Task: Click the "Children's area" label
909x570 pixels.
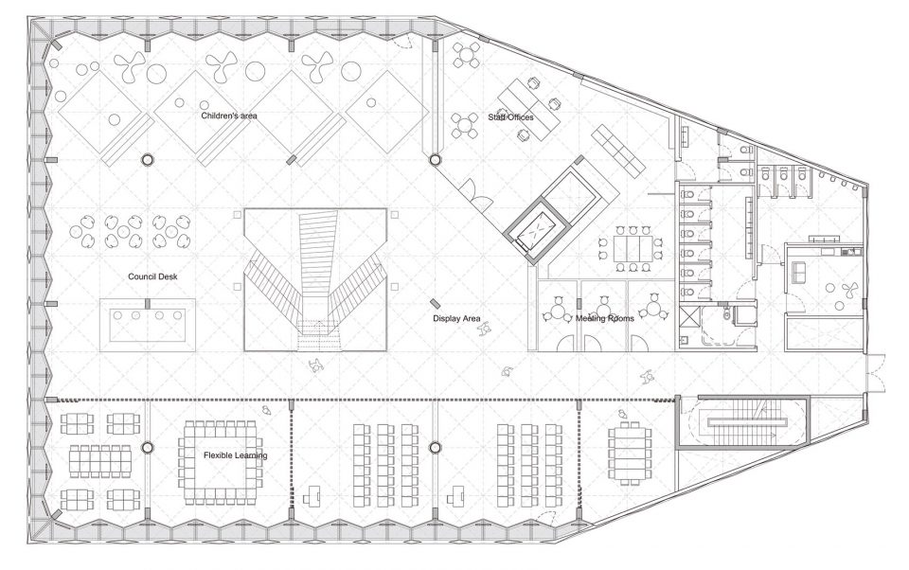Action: click(x=229, y=116)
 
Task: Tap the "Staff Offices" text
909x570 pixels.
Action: click(x=510, y=117)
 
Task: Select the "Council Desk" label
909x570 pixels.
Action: click(x=152, y=276)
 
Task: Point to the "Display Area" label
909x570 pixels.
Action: click(x=456, y=318)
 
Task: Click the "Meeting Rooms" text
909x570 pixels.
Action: click(x=605, y=318)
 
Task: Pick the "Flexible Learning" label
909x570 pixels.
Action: click(x=236, y=455)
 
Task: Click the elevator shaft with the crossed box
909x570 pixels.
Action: click(x=536, y=232)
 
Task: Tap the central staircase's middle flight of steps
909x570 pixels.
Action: click(x=316, y=249)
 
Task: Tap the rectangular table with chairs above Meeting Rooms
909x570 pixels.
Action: click(x=633, y=247)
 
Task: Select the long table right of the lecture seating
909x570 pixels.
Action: click(x=629, y=451)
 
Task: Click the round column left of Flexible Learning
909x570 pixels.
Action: click(x=148, y=447)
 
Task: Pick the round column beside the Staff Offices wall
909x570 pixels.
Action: click(x=434, y=159)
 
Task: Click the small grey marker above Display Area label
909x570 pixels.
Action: click(x=435, y=303)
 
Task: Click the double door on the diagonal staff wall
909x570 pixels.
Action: click(x=476, y=194)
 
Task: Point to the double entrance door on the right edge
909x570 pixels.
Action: click(x=875, y=374)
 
